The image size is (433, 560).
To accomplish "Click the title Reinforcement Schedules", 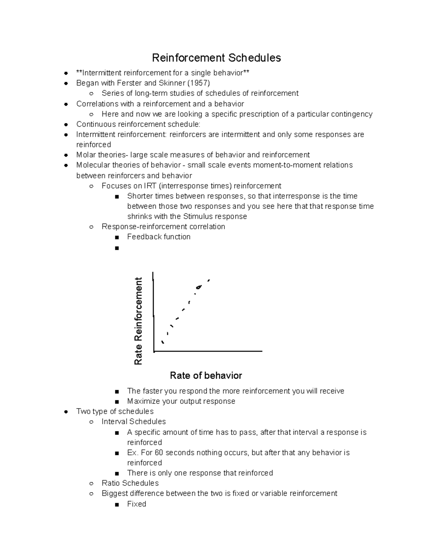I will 216,58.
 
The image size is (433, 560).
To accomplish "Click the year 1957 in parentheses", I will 200,83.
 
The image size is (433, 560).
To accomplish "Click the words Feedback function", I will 159,237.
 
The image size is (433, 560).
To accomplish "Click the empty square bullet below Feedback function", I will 116,248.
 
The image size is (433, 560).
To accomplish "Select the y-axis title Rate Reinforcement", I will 139,321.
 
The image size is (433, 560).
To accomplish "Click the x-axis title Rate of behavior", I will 206,375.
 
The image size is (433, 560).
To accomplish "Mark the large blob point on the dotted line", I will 198,287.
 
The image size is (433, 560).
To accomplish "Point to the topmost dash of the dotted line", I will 209,280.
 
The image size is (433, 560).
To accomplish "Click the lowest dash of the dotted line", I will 163,342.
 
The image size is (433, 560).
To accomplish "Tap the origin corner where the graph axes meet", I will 154,350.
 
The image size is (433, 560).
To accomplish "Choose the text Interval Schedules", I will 134,422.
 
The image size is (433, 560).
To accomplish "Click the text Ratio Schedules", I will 130,483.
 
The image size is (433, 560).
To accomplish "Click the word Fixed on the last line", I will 136,504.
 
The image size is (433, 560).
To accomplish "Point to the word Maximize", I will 143,401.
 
